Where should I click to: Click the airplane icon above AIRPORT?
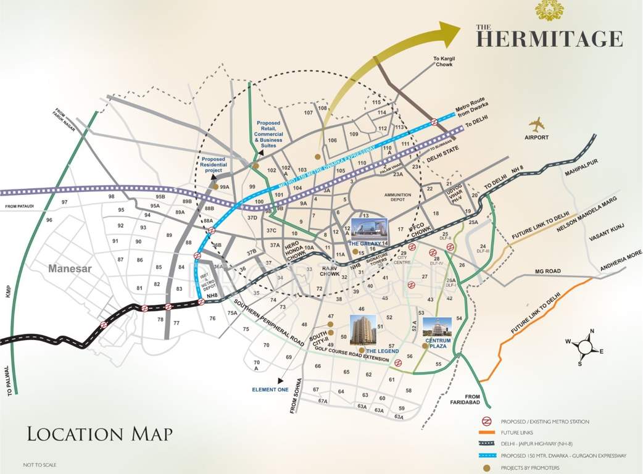(537, 124)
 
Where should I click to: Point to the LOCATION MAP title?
(99, 433)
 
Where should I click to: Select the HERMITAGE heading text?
(549, 38)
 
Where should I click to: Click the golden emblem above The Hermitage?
(549, 10)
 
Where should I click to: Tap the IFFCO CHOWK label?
(420, 231)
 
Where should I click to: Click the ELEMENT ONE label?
(270, 389)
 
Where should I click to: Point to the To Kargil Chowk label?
(446, 61)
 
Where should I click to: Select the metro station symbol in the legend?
(487, 422)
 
